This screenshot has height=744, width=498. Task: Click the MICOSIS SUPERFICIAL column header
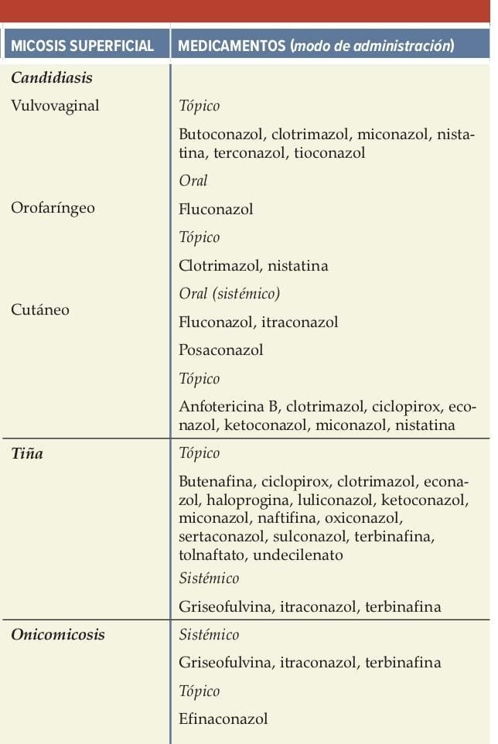83,46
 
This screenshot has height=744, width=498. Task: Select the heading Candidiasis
52,78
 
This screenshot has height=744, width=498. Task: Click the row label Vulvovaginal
55,106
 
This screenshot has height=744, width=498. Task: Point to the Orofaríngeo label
53,208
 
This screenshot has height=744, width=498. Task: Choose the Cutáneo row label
40,309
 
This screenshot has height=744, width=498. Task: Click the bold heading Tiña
27,453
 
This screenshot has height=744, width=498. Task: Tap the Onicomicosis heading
58,635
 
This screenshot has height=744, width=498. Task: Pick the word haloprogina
243,500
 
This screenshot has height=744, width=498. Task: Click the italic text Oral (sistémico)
229,294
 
